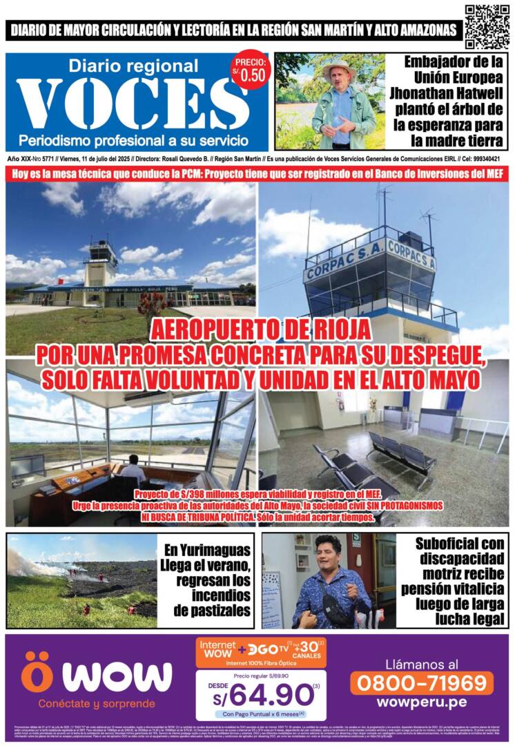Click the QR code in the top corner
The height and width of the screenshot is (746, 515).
pos(487,26)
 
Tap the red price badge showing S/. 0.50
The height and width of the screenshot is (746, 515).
pos(251,70)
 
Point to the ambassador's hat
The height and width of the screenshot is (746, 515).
pos(338,68)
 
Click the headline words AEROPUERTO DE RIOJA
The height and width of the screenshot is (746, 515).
pos(257,328)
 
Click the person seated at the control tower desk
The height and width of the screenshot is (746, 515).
pos(134,472)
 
